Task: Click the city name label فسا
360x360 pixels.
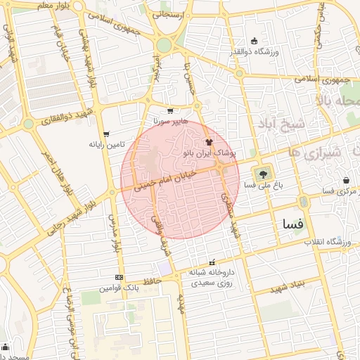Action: [292, 224]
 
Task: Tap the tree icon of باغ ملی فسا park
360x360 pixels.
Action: [262, 172]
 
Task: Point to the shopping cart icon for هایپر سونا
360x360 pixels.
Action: [170, 110]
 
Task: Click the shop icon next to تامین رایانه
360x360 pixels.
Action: [106, 134]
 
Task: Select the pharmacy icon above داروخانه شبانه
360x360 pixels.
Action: [213, 262]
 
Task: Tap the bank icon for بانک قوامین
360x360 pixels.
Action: [119, 277]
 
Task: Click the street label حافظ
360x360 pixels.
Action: [153, 281]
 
